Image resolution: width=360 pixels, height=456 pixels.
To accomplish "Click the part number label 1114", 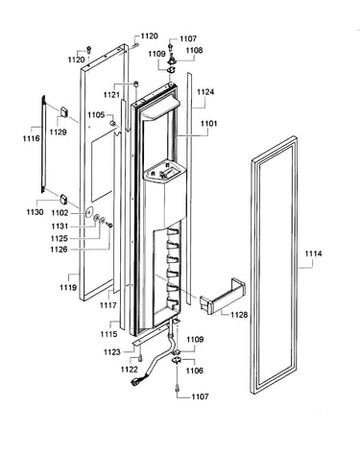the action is pyautogui.click(x=313, y=254).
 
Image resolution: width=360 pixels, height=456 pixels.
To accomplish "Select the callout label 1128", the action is pyautogui.click(x=239, y=315).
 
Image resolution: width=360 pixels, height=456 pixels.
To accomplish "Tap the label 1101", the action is pyautogui.click(x=208, y=124).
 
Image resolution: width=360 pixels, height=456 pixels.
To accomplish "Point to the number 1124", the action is pyautogui.click(x=205, y=92).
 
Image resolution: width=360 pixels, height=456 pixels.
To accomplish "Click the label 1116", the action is pyautogui.click(x=32, y=138).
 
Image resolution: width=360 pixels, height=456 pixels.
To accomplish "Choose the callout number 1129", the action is pyautogui.click(x=58, y=132).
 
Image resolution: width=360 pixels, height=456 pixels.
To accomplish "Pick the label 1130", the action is pyautogui.click(x=35, y=212).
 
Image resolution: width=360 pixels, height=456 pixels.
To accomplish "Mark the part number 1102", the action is pyautogui.click(x=60, y=213).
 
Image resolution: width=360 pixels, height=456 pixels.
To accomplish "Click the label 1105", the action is pyautogui.click(x=96, y=114).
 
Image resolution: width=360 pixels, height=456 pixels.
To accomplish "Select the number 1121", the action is pyautogui.click(x=111, y=95).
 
